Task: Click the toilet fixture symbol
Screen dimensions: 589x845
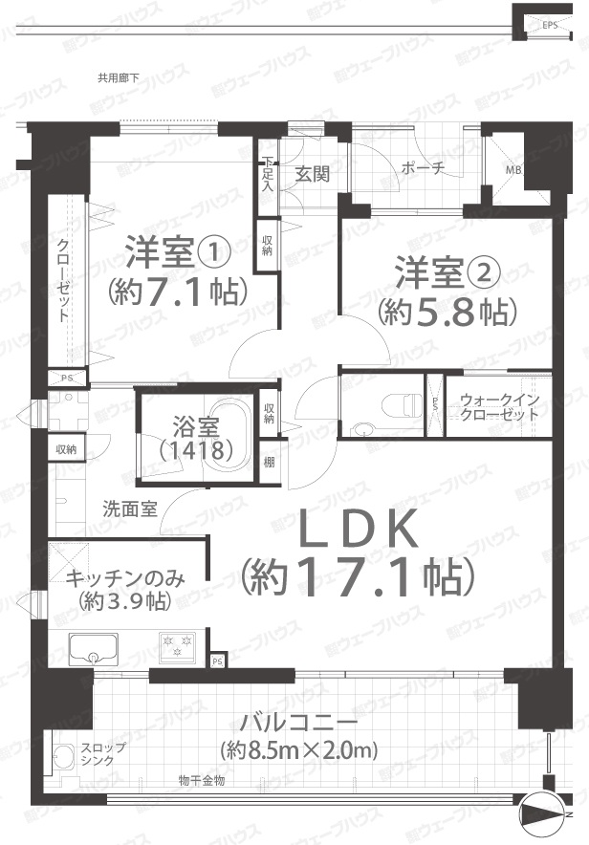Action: pos(401,405)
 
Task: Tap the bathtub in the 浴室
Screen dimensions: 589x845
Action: pos(229,435)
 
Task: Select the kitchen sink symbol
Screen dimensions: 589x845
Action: pos(94,648)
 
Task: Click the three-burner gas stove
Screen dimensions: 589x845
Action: pos(178,646)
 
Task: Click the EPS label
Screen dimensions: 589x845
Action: pos(550,25)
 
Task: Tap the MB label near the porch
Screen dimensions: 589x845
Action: pos(513,171)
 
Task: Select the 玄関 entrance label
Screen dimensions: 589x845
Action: pos(313,174)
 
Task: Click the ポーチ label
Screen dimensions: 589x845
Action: pos(423,168)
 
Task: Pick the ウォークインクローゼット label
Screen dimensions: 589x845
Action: pos(499,407)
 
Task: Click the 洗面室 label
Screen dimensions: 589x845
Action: pos(129,509)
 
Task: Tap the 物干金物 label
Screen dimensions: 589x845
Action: pos(202,780)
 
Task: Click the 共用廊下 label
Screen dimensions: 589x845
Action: pos(118,77)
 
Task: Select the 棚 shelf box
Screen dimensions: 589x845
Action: pos(269,462)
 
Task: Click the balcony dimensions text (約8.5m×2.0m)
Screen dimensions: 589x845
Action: pos(299,750)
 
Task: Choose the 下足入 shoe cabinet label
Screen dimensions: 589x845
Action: pos(268,174)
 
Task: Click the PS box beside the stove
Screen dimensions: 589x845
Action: pos(218,661)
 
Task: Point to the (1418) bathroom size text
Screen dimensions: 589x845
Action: pos(196,450)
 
